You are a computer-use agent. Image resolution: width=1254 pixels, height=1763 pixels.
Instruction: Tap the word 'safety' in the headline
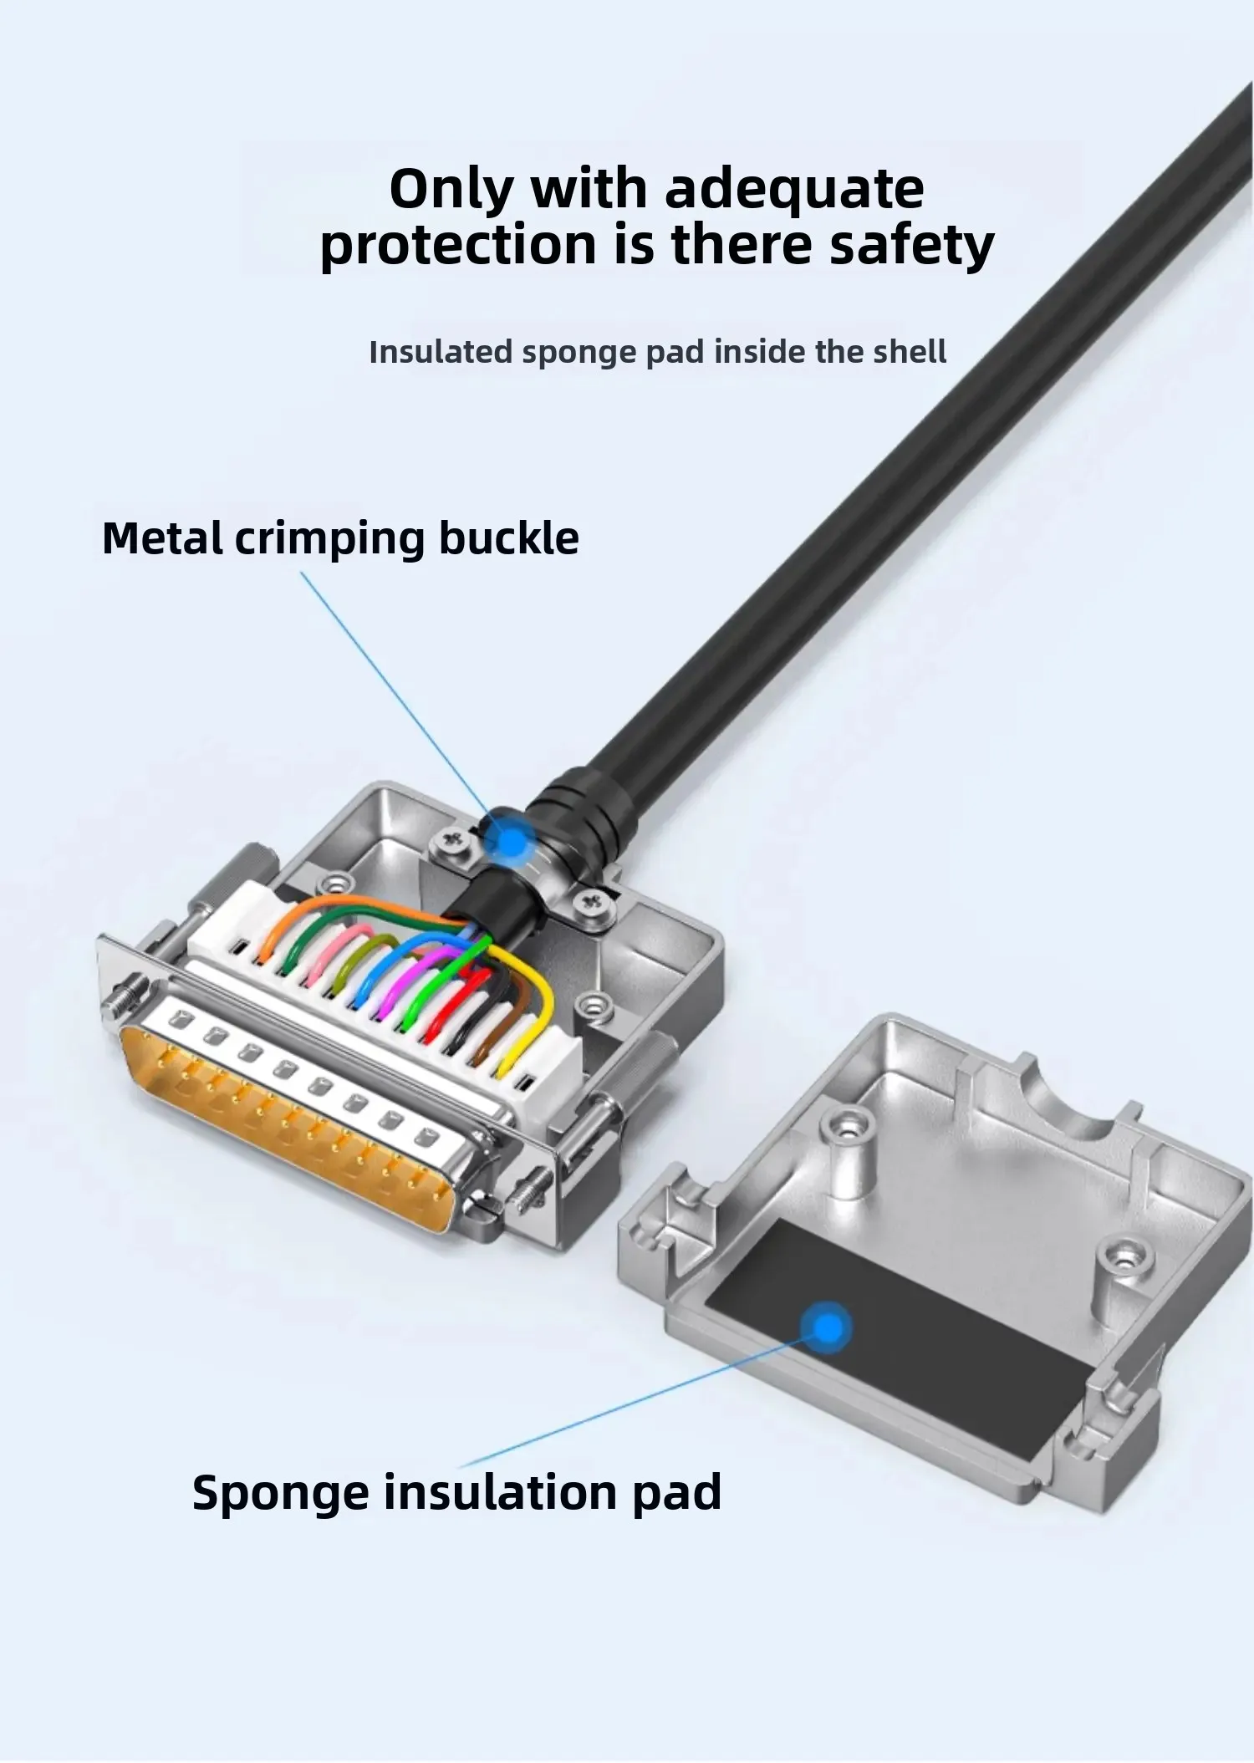coord(911,246)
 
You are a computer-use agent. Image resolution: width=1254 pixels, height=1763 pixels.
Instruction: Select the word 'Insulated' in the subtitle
coord(440,352)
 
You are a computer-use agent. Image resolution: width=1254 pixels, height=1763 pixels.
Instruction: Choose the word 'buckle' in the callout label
coord(508,538)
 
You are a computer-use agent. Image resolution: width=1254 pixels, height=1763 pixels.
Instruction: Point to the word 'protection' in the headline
coord(458,246)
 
